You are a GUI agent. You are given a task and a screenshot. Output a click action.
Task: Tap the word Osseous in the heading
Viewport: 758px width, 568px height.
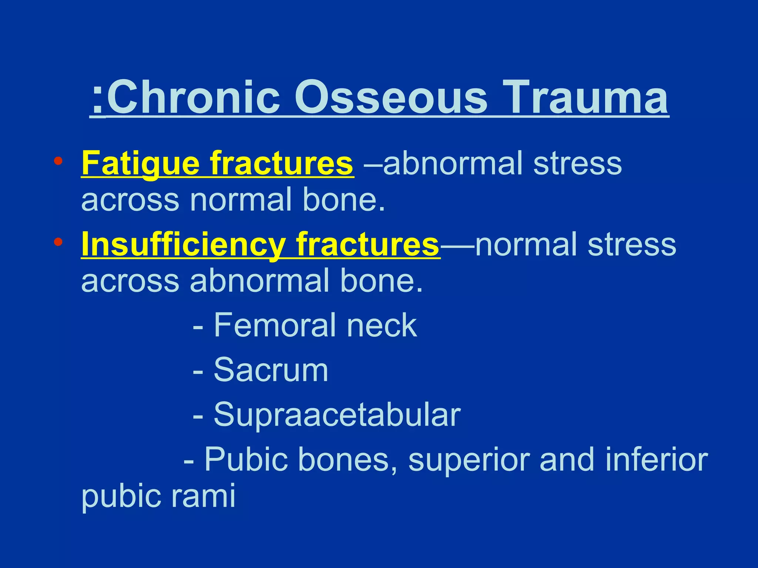(390, 98)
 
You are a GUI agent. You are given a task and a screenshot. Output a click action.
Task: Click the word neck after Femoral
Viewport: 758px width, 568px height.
(381, 325)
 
